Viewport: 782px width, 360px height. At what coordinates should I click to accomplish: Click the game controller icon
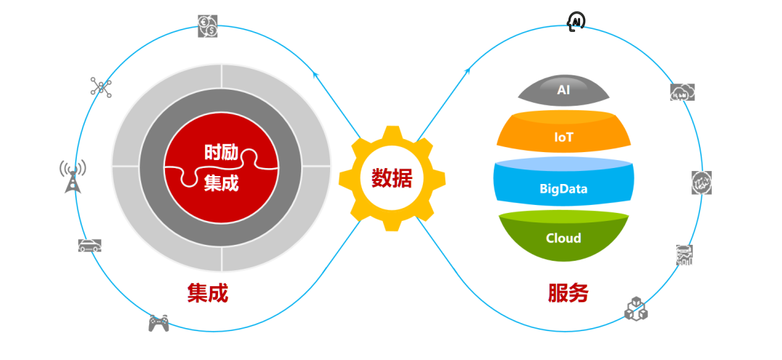(159, 323)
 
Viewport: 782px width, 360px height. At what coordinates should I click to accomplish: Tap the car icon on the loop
(90, 245)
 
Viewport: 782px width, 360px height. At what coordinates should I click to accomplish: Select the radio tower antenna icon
(73, 177)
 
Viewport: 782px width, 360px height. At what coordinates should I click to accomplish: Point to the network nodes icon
(101, 87)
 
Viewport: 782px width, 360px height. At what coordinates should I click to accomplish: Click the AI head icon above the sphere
(576, 22)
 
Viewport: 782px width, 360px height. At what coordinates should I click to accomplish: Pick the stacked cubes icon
(636, 308)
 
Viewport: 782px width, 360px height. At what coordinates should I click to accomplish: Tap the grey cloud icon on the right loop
(682, 92)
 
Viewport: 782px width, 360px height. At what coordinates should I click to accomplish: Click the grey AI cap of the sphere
(563, 89)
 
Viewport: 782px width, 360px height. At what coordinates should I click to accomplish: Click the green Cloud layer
(563, 235)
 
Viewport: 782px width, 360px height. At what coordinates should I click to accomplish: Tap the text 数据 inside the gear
(392, 178)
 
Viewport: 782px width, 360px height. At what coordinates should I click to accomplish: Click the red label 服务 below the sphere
(568, 293)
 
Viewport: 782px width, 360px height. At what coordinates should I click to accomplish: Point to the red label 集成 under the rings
(208, 293)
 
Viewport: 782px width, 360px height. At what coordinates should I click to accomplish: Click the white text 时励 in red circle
(222, 152)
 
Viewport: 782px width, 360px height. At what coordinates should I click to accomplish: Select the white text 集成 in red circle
(222, 183)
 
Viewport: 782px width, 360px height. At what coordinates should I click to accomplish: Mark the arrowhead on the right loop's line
(467, 71)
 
